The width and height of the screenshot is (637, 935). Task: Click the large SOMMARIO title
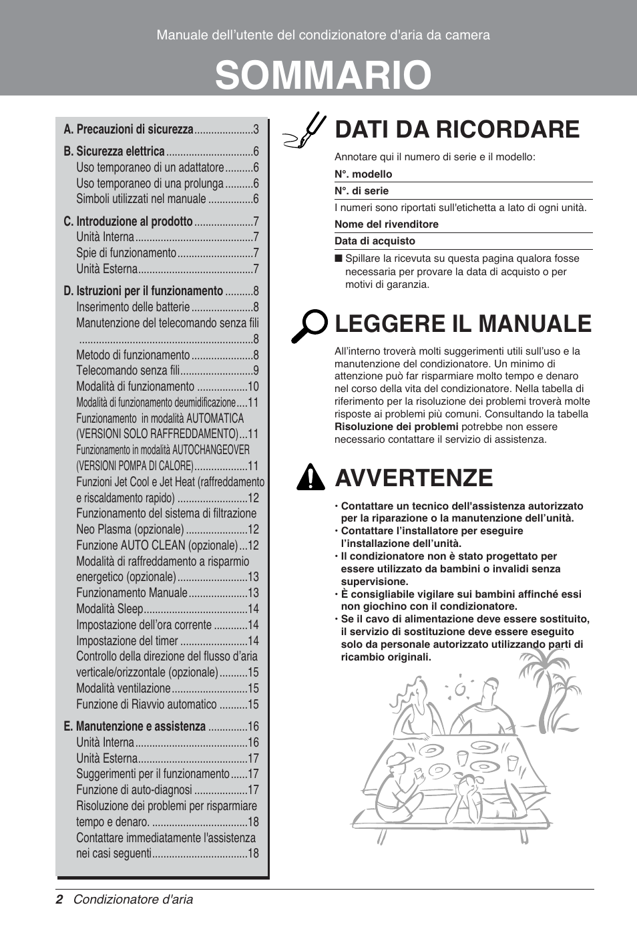pyautogui.click(x=323, y=75)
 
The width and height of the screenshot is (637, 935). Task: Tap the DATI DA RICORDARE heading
pyautogui.click(x=457, y=129)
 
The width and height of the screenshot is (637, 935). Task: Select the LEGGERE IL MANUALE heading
pyautogui.click(x=463, y=323)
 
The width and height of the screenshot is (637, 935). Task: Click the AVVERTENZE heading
pyautogui.click(x=414, y=478)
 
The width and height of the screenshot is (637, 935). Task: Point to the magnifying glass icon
pyautogui.click(x=308, y=326)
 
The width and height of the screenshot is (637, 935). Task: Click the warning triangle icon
pyautogui.click(x=309, y=478)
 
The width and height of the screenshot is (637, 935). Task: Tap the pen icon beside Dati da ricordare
pyautogui.click(x=304, y=131)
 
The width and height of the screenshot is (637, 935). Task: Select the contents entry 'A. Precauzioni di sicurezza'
pyautogui.click(x=128, y=130)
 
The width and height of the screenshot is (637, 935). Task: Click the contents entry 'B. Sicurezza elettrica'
pyautogui.click(x=114, y=152)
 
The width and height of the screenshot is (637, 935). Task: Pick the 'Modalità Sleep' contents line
pyautogui.click(x=110, y=609)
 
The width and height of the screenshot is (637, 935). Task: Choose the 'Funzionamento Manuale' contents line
pyautogui.click(x=132, y=593)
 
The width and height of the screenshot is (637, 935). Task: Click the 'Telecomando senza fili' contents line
pyautogui.click(x=128, y=371)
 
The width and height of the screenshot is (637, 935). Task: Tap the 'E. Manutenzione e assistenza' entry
pyautogui.click(x=135, y=727)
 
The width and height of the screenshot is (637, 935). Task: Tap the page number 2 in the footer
pyautogui.click(x=59, y=900)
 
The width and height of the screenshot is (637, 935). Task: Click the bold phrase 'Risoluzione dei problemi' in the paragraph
pyautogui.click(x=396, y=427)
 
